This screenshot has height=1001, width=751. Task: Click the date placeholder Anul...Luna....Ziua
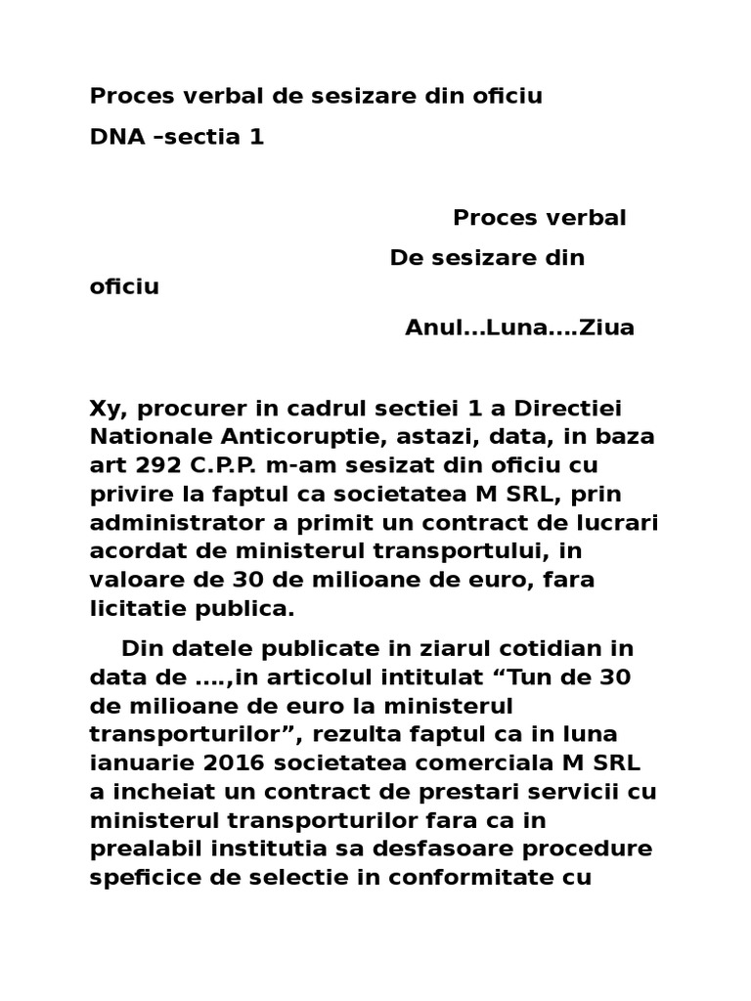[x=519, y=327]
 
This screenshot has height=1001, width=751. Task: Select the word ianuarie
[x=133, y=762]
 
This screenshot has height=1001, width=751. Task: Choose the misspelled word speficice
[x=142, y=877]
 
